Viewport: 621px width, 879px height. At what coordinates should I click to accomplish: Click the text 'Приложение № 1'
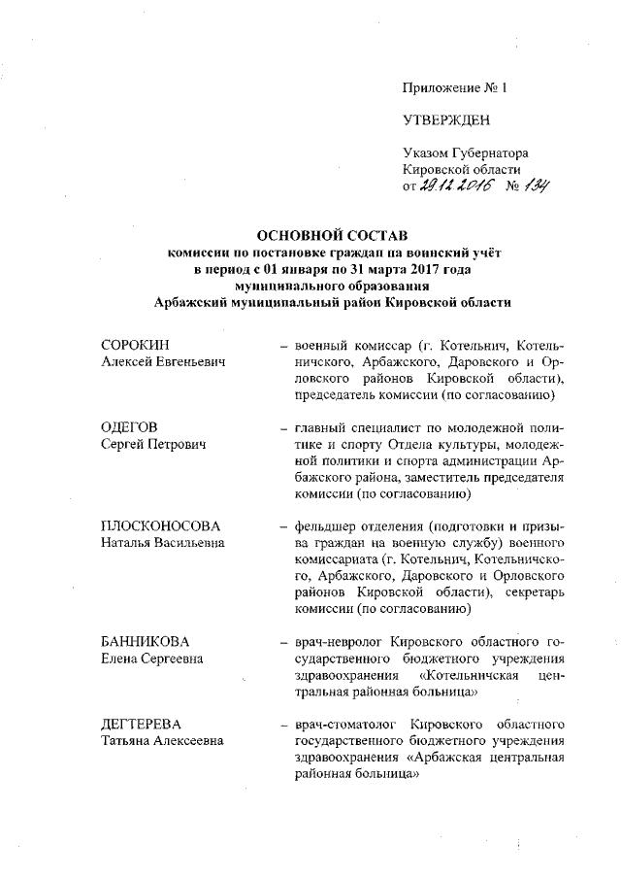455,88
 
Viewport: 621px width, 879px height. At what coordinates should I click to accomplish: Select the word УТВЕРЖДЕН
446,120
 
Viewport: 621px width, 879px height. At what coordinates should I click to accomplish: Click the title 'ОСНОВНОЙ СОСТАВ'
331,236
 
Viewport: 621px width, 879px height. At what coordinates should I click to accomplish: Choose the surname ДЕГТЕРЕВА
145,725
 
